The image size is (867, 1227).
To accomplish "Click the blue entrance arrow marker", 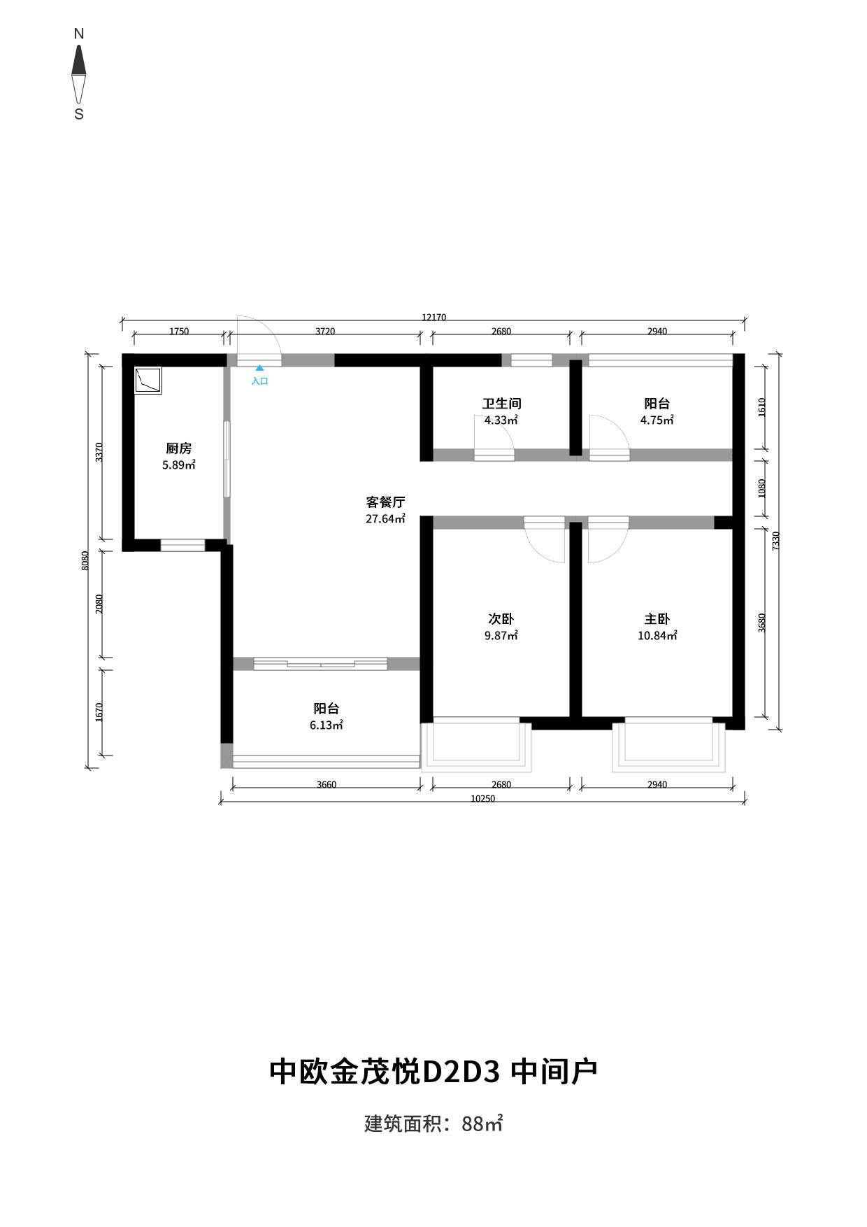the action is point(259,367).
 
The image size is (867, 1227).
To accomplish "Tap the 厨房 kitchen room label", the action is point(178,448).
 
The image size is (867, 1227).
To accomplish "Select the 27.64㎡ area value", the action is point(385,519).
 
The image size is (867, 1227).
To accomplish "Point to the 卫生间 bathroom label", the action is point(501,404).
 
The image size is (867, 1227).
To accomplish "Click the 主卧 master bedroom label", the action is point(657,619).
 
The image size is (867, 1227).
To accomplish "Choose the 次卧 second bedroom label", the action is point(501,619).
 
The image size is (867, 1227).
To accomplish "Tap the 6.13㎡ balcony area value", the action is point(326,725).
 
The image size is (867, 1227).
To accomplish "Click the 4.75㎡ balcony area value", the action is point(657,420).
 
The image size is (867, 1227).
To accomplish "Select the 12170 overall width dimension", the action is point(433,317).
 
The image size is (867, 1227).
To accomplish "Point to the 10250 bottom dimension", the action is point(482,799).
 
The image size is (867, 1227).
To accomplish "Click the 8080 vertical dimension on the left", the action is point(85,560).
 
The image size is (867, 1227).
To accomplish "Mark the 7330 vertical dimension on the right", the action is point(775,541).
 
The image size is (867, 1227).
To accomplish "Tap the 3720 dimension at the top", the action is point(325,332).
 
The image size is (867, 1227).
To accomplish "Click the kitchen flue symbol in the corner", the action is point(148,381).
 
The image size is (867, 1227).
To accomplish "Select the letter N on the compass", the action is point(79,34).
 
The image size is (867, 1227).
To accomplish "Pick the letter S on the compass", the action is point(79,114).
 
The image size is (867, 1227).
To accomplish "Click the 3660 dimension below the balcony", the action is point(327,785).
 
